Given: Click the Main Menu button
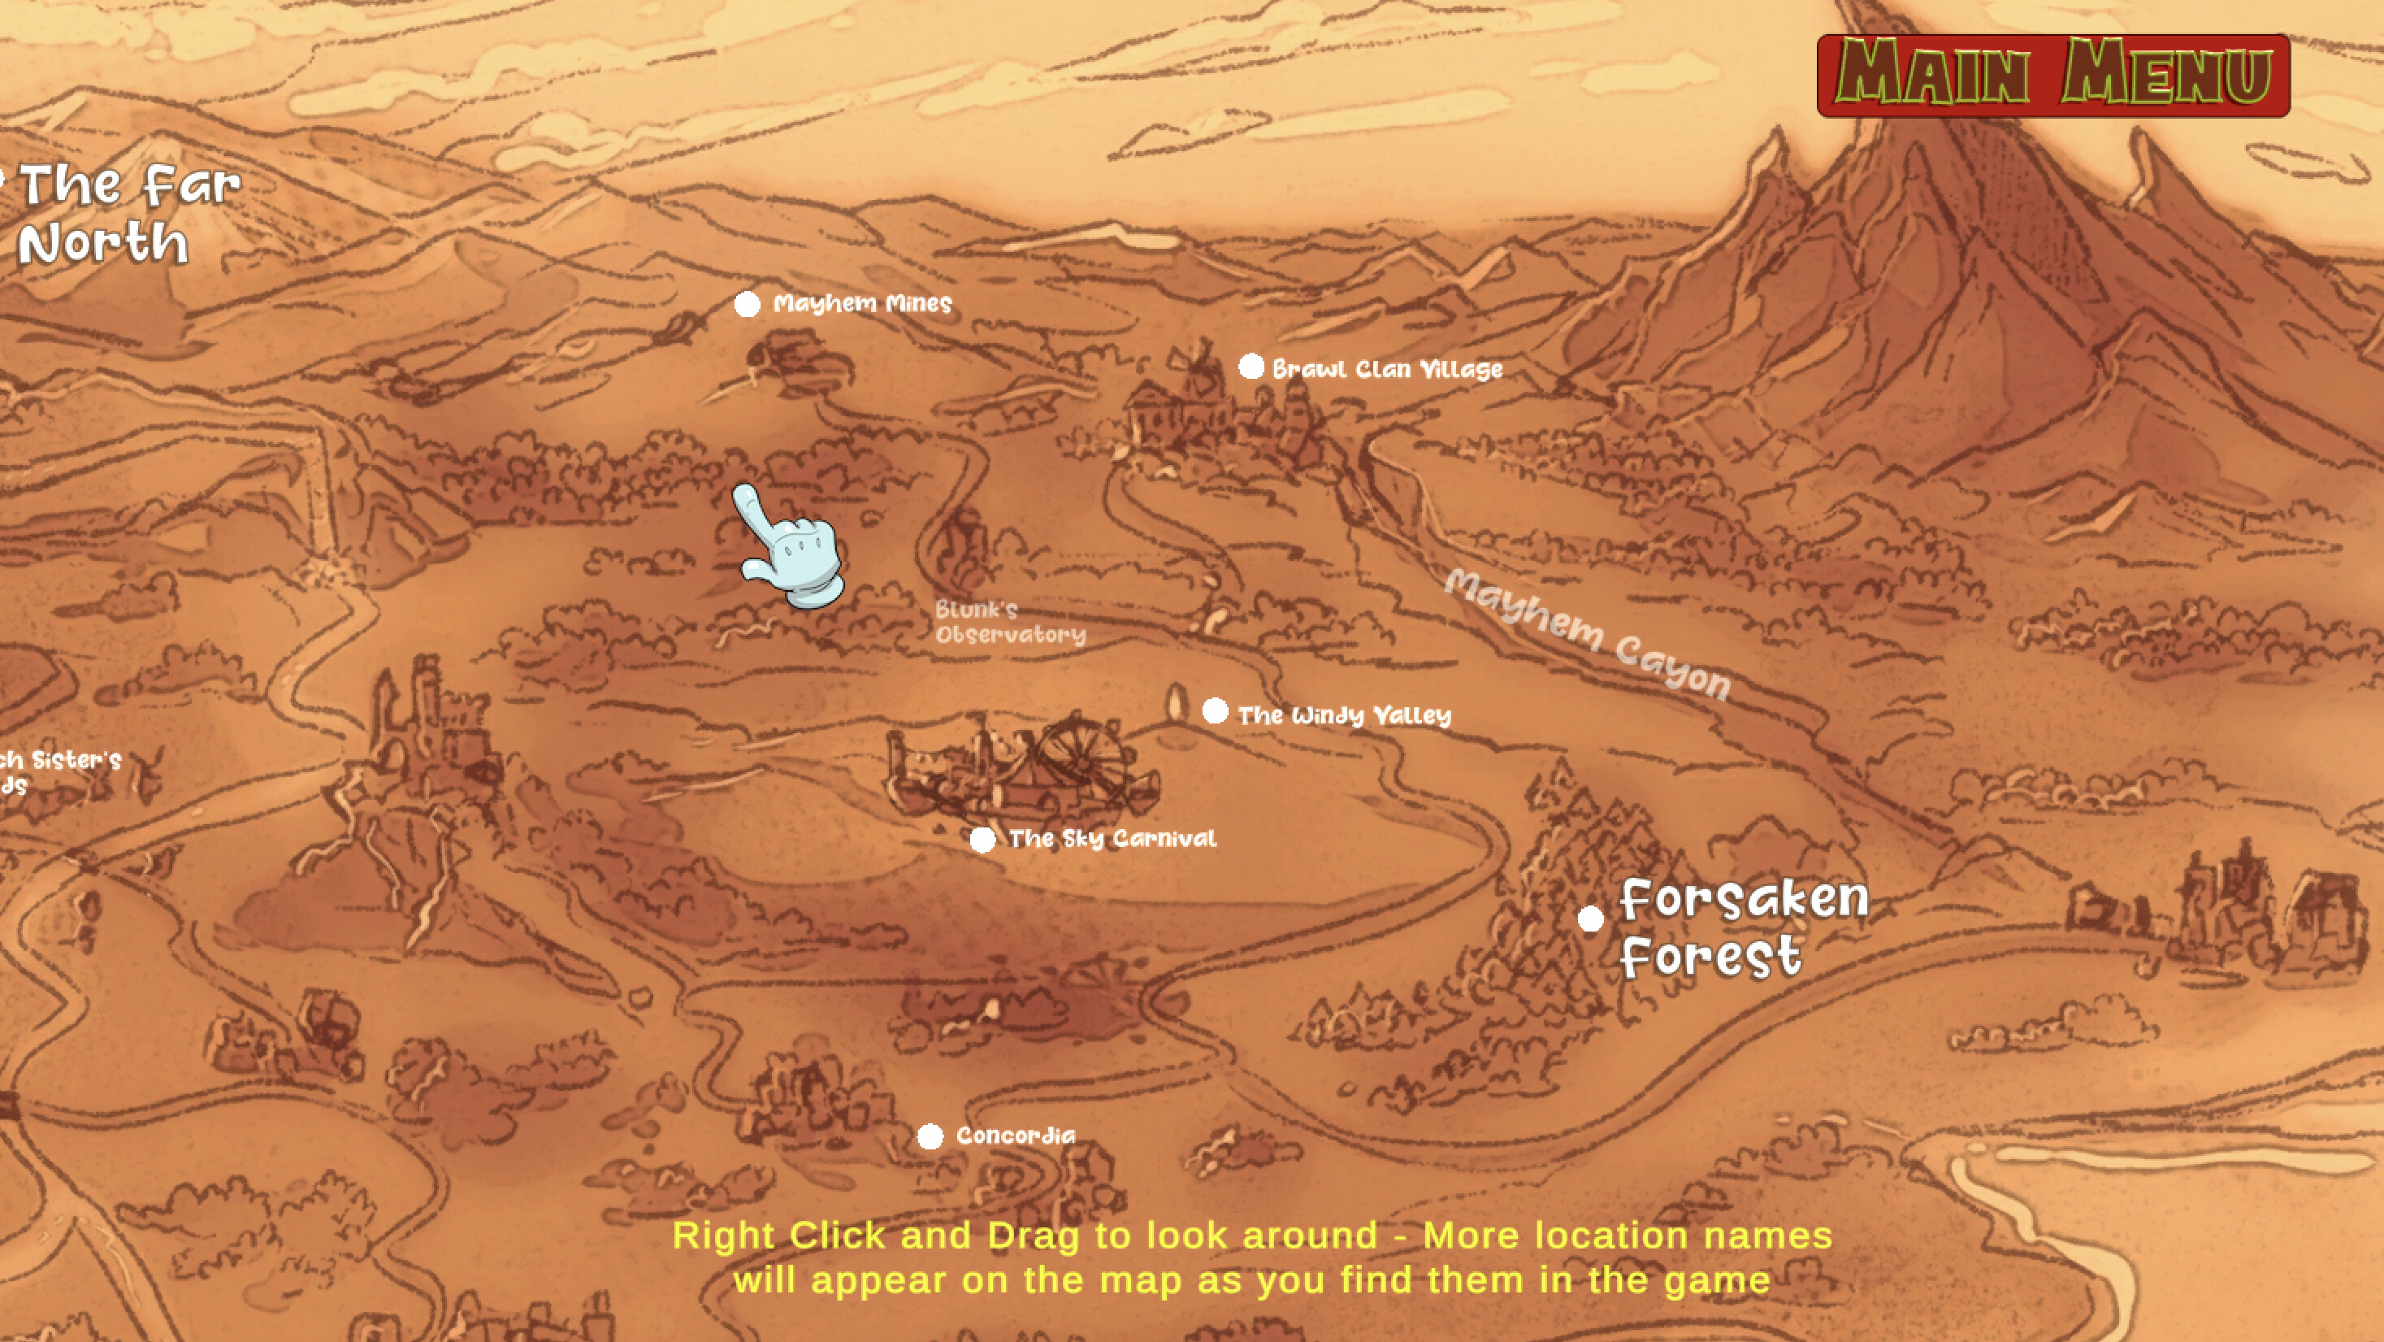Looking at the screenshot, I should (2052, 75).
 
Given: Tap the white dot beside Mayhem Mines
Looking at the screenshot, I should (747, 305).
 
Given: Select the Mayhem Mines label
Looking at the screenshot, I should (861, 303).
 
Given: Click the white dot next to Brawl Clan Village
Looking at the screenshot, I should (1251, 367).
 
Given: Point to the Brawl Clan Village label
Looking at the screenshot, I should (1386, 369).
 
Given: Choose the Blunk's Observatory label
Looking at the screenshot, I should (1008, 622).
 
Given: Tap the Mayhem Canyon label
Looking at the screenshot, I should (1586, 634).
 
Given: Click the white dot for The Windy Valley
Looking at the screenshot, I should (1215, 712).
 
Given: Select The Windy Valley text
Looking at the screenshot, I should (1344, 715).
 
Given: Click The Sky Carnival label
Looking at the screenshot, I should (1112, 839).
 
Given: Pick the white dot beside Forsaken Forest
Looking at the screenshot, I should (1590, 919).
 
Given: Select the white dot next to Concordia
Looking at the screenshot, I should (930, 1136).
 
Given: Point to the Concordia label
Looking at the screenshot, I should (1015, 1136).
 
